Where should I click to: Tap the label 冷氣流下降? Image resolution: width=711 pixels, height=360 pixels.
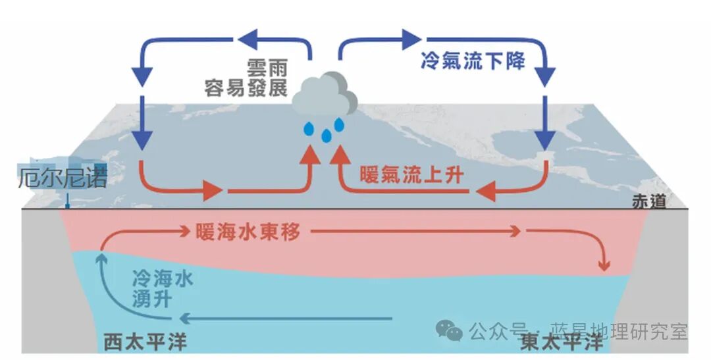pos(473,62)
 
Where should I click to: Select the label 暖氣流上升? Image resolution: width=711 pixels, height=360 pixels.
pos(411,175)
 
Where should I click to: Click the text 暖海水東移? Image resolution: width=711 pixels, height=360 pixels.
pos(250,232)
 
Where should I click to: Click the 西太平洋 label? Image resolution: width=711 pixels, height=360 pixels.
pos(145,342)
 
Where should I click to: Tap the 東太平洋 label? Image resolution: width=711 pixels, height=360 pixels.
pos(561,342)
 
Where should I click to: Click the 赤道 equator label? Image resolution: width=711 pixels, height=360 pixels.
pos(666,201)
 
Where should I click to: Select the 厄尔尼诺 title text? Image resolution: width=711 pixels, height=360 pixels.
pos(62,178)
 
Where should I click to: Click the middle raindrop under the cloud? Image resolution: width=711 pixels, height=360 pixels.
pos(326,136)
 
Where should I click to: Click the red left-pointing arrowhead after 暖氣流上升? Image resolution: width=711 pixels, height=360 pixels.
pos(487,192)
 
